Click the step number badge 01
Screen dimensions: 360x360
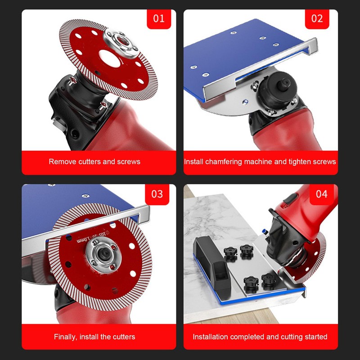159,19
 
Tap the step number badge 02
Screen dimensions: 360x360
317,19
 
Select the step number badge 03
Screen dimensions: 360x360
157,194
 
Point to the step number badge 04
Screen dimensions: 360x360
321,194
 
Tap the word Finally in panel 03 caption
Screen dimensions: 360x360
66,337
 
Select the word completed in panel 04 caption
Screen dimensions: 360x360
249,337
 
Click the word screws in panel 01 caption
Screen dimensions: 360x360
130,162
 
